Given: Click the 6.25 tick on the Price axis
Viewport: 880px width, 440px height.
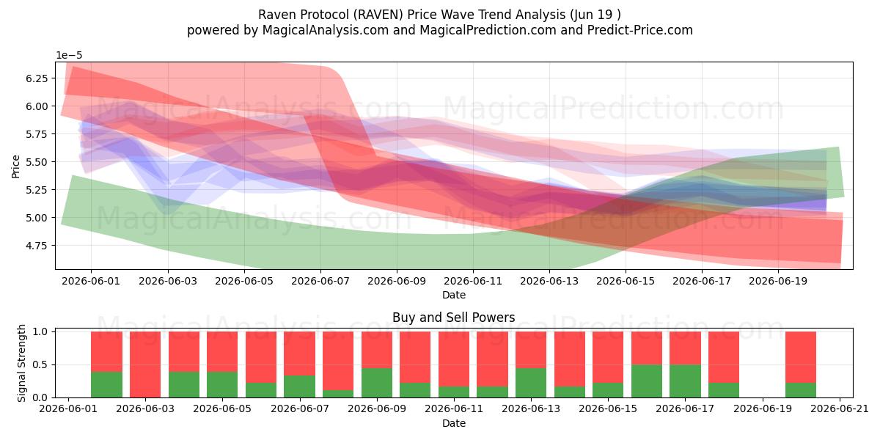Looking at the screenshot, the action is (x=37, y=78).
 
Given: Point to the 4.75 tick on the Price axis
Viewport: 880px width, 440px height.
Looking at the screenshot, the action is (x=37, y=246).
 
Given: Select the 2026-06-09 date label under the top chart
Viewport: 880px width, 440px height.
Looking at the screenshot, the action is (x=397, y=282).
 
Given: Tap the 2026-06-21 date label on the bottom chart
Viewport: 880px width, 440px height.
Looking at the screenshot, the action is (x=840, y=409).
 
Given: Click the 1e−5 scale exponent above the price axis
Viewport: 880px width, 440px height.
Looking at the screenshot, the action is (x=69, y=56).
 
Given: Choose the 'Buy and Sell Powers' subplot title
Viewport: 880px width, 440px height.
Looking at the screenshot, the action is (x=454, y=318).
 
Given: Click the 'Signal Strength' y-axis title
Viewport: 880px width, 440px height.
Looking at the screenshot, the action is (x=21, y=364).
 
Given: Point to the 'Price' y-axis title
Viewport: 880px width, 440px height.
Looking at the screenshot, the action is (x=15, y=166).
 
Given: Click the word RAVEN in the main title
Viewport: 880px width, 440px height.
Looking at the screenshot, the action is (x=378, y=15).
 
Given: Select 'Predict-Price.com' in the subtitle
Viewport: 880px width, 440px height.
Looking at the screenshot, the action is (x=640, y=30).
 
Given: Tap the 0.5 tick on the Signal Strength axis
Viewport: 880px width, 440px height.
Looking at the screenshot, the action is (x=40, y=365).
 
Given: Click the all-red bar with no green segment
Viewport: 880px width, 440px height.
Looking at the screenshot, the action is (x=145, y=364).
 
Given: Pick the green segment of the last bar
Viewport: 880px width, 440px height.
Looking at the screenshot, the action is (x=801, y=390).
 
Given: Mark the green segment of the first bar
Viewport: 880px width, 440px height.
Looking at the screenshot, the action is (x=106, y=384).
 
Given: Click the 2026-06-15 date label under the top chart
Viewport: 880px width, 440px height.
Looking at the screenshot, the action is (x=626, y=282).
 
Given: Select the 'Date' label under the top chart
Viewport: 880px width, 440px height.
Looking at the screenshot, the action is (x=454, y=295).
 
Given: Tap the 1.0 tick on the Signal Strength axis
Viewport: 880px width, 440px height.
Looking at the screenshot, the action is (x=40, y=332).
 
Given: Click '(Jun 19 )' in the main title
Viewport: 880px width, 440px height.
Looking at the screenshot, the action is (x=593, y=15).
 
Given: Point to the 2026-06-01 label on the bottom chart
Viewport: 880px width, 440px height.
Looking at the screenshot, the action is (x=68, y=409).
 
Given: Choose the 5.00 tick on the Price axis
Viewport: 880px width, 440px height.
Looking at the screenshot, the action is (x=37, y=218).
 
